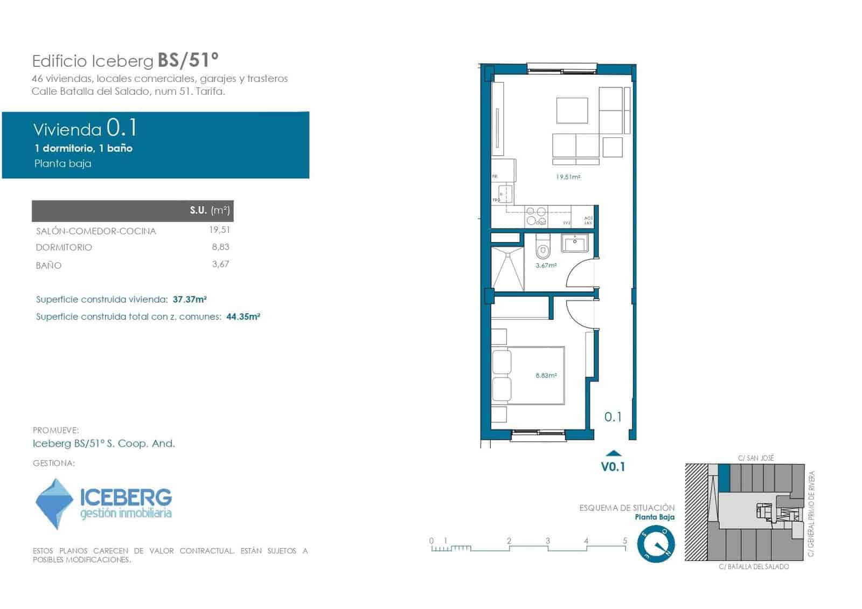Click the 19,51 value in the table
(219, 230)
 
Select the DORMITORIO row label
(64, 247)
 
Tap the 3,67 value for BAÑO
(220, 264)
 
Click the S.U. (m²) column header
(210, 210)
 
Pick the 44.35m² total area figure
(243, 316)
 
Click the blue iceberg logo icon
(54, 503)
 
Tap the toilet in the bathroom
(543, 248)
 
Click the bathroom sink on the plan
(575, 243)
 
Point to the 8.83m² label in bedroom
(546, 376)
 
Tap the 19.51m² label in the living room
(568, 177)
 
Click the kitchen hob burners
(537, 216)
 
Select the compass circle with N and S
(656, 544)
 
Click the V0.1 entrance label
(613, 467)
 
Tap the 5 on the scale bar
(625, 541)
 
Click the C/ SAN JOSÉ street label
(756, 458)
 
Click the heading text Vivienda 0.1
(85, 129)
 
